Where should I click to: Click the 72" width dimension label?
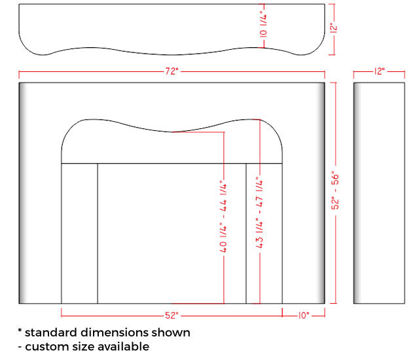(x=172, y=71)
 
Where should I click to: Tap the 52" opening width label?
(x=172, y=315)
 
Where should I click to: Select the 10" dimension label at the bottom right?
(x=304, y=315)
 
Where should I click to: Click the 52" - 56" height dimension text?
(x=335, y=190)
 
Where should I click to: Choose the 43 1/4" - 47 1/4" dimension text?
(x=260, y=212)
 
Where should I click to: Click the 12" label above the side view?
(x=379, y=71)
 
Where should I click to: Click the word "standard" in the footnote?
(x=51, y=333)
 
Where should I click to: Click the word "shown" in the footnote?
(x=171, y=333)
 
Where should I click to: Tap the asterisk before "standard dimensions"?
(x=20, y=331)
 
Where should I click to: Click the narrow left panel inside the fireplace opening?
(x=80, y=234)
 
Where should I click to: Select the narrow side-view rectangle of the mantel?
(x=379, y=193)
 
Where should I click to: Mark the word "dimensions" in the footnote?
(x=115, y=333)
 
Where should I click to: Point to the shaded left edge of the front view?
(x=23, y=193)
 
